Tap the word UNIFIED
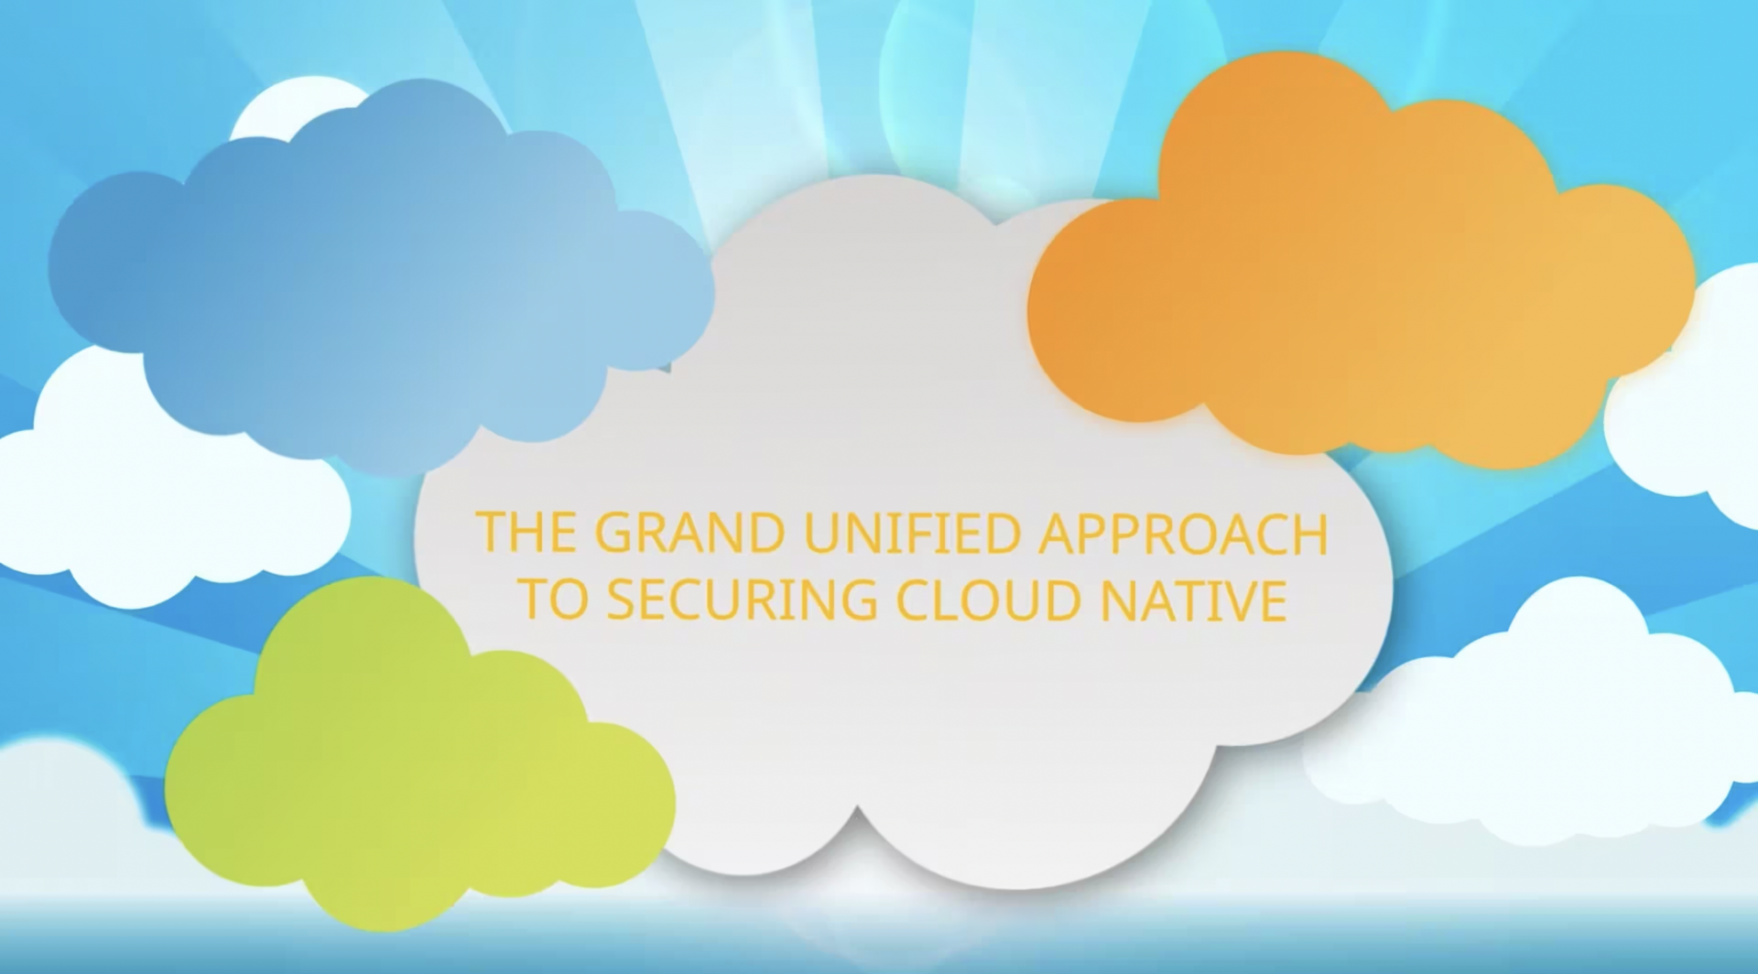pyautogui.click(x=912, y=533)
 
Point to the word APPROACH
pyautogui.click(x=1182, y=533)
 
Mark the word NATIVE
pyautogui.click(x=1194, y=601)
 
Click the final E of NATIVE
pyautogui.click(x=1274, y=601)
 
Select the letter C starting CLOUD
pyautogui.click(x=915, y=601)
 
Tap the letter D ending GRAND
pyautogui.click(x=765, y=533)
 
